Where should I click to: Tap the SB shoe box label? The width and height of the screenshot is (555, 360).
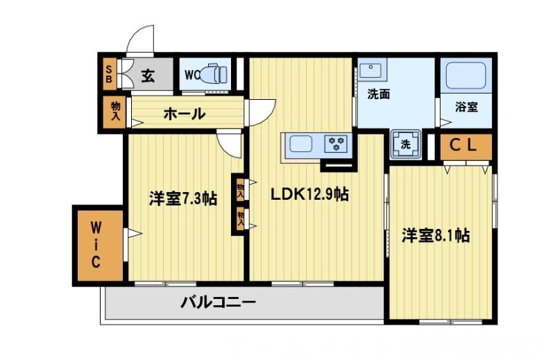point(109,72)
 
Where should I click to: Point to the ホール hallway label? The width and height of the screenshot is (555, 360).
point(184,114)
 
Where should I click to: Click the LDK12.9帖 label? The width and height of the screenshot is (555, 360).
point(309,195)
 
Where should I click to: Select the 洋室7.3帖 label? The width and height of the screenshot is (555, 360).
point(182,199)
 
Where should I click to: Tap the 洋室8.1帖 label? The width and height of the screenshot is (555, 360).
point(436,236)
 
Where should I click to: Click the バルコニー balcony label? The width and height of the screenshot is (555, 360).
point(219,302)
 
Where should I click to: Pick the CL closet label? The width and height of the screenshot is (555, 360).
point(466,146)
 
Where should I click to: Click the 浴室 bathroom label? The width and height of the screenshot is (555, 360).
point(466,108)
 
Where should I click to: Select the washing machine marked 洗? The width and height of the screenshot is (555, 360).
point(404,145)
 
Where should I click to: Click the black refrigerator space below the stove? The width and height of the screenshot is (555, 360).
point(336,165)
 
